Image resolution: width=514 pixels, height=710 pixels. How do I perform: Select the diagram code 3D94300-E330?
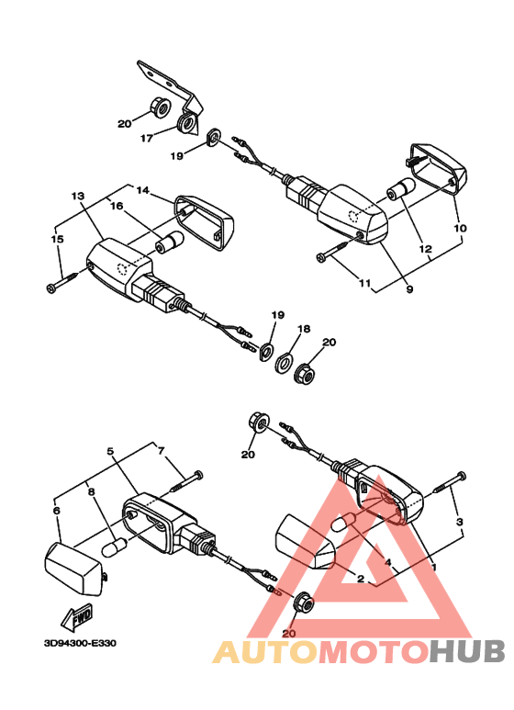(80, 643)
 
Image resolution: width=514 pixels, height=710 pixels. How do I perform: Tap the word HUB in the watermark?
(466, 651)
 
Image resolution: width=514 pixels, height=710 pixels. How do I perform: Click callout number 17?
(147, 138)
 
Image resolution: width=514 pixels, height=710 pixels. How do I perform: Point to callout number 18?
(304, 329)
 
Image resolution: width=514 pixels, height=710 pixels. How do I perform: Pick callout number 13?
(78, 196)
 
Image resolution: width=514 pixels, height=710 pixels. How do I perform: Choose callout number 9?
(409, 288)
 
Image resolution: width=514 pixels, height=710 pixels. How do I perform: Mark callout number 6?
(57, 511)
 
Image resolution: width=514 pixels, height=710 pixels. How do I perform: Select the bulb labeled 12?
(400, 189)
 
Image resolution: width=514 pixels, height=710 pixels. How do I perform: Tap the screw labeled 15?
(65, 280)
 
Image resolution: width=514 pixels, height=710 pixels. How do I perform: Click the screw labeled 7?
(186, 482)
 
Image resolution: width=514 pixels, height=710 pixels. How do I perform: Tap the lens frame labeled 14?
(205, 222)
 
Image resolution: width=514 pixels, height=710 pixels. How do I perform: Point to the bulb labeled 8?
(114, 547)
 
